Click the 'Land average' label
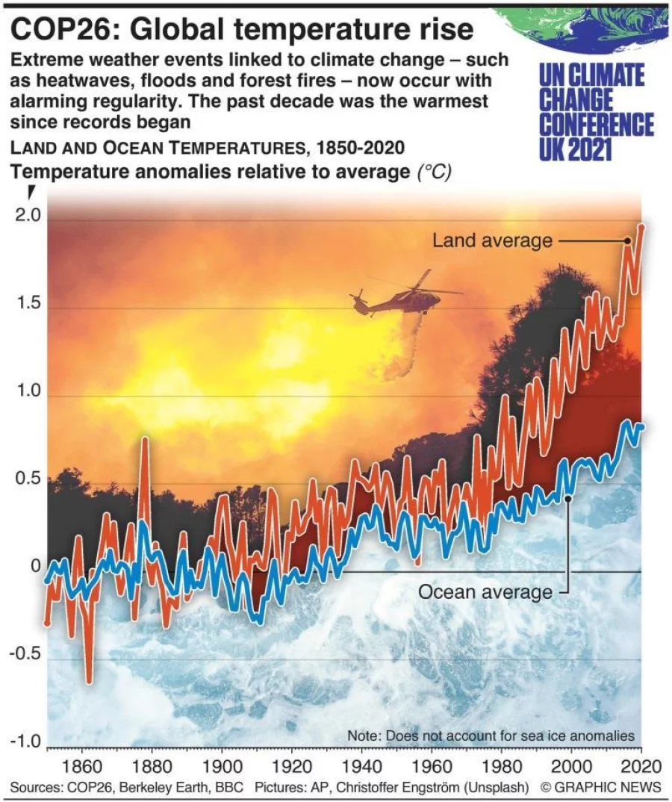(492, 240)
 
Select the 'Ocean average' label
(485, 592)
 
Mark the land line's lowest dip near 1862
(90, 680)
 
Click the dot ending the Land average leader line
(628, 240)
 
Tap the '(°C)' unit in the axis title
(433, 173)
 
